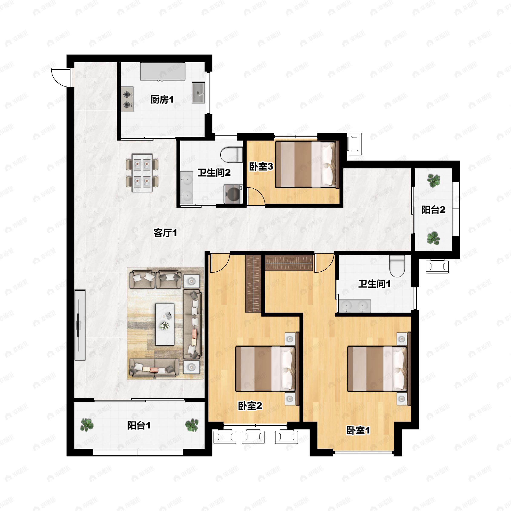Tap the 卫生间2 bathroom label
click(x=214, y=173)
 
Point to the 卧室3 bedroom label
click(x=261, y=167)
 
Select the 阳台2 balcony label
click(x=433, y=210)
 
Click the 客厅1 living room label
click(x=165, y=233)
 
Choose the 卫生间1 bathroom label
click(x=374, y=284)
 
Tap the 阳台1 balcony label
click(x=139, y=425)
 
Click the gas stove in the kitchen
click(x=127, y=99)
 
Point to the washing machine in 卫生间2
click(x=233, y=194)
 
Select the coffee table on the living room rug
click(x=165, y=324)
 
